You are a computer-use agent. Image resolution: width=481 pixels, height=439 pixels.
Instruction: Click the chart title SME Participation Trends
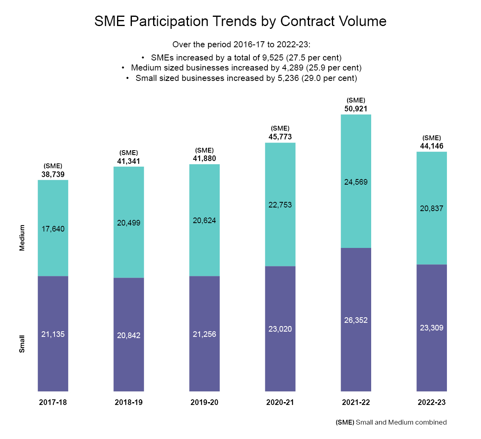[x=240, y=21]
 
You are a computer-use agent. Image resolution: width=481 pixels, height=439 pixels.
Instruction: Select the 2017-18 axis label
[x=53, y=402]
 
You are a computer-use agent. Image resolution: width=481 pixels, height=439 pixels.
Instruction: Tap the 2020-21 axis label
[x=280, y=402]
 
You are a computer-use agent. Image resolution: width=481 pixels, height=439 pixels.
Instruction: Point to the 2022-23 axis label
[x=432, y=402]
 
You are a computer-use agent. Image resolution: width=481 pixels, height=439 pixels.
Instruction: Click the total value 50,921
[x=356, y=109]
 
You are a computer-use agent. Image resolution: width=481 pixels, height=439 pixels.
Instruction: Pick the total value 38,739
[x=53, y=175]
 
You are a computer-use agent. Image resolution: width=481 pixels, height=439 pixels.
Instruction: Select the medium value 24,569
[x=356, y=182]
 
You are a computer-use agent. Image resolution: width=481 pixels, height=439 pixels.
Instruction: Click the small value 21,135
[x=53, y=334]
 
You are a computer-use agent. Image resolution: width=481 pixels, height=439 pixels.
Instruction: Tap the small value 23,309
[x=432, y=328]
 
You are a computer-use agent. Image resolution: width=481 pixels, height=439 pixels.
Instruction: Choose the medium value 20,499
[x=129, y=223]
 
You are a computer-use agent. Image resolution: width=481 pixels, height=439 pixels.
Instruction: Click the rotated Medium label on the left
[x=22, y=238]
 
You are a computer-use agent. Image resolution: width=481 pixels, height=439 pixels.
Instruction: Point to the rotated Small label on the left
[x=22, y=344]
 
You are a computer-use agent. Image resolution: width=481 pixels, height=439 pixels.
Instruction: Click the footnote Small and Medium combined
[x=391, y=422]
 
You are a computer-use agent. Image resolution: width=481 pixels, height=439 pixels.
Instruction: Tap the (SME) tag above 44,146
[x=432, y=138]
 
